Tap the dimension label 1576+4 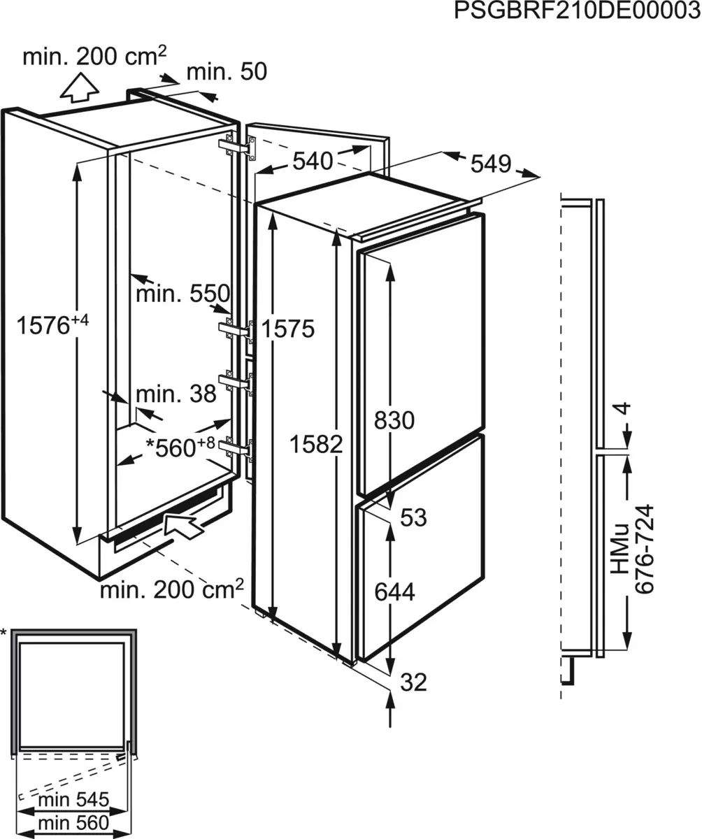pyautogui.click(x=53, y=325)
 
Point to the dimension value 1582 pyautogui.click(x=317, y=443)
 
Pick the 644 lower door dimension pyautogui.click(x=394, y=592)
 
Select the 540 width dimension pyautogui.click(x=312, y=162)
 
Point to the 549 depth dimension pyautogui.click(x=491, y=164)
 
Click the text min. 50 pyautogui.click(x=227, y=71)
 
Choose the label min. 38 pyautogui.click(x=176, y=394)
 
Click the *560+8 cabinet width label pyautogui.click(x=180, y=447)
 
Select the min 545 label pyautogui.click(x=73, y=799)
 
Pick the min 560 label pyautogui.click(x=73, y=822)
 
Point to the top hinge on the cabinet pyautogui.click(x=238, y=147)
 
